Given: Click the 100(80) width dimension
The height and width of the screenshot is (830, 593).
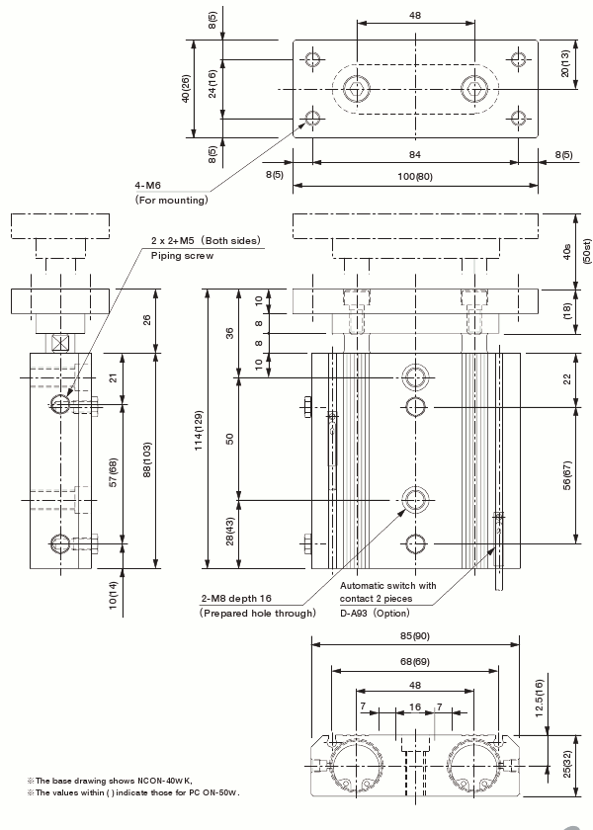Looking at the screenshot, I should pos(415,177).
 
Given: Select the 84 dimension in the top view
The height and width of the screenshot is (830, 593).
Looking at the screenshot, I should pos(415,153).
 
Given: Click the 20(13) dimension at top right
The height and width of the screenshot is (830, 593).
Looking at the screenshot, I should pos(564,64).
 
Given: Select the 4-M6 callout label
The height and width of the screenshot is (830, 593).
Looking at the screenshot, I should pos(150,185).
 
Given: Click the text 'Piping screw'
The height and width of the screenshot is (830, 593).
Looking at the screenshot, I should pos(182,255).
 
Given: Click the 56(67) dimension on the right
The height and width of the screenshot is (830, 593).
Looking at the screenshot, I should pos(567,474).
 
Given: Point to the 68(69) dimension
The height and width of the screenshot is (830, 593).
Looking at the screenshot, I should pos(415,661).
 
